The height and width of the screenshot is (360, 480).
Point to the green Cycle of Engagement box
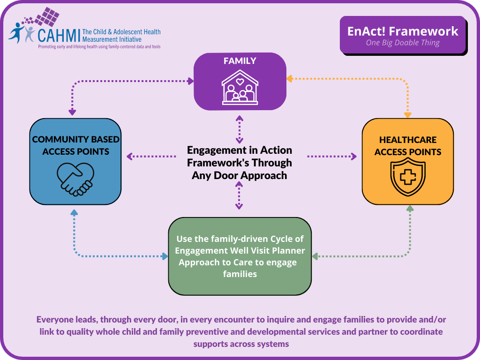240,256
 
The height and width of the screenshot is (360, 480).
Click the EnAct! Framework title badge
403,31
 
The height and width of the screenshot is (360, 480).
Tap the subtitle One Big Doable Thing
403,43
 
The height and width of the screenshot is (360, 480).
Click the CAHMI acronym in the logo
59,35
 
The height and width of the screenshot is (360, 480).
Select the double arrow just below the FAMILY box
240,128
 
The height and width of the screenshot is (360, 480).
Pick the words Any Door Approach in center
240,175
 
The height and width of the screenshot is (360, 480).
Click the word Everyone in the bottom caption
56,320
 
